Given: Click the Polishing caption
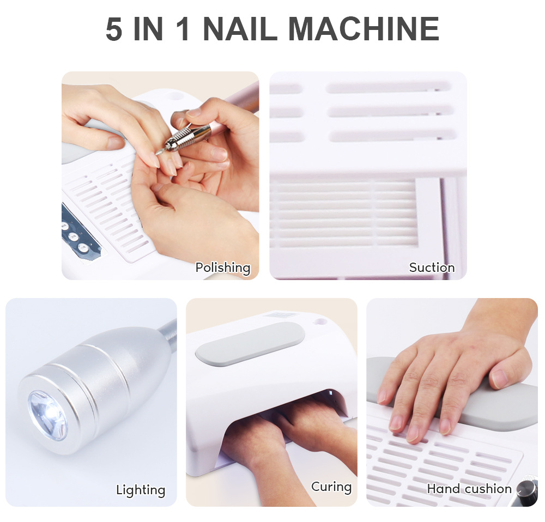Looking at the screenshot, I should (222, 268).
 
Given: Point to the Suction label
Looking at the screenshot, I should (432, 268).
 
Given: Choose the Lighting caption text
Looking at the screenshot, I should (141, 490).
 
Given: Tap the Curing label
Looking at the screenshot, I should (331, 487).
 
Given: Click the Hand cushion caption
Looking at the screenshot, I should (469, 489).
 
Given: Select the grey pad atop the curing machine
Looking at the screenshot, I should (250, 342).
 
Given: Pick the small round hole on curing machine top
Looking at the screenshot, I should (320, 322).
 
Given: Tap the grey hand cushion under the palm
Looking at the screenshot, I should (491, 406).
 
